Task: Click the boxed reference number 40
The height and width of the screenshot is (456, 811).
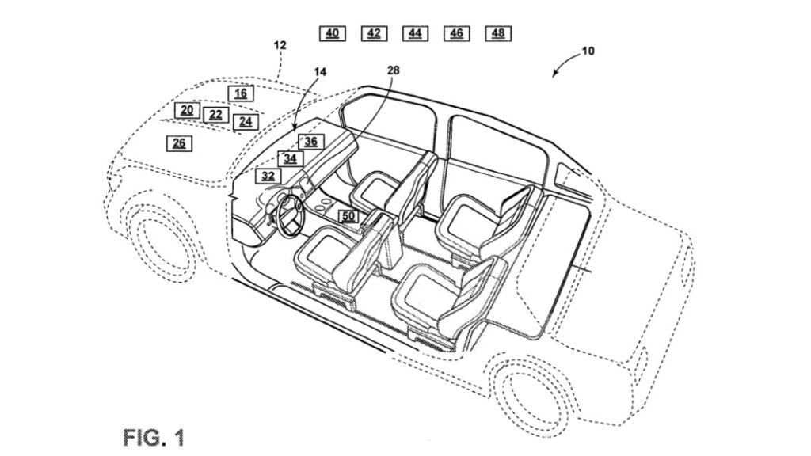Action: point(332,33)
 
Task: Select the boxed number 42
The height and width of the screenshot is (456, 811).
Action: point(374,33)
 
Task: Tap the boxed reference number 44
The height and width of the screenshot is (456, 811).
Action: point(415,33)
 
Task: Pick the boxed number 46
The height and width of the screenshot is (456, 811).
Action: point(457,33)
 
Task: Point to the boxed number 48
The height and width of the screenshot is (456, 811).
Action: point(498,33)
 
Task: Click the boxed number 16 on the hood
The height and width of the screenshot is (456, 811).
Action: point(241,93)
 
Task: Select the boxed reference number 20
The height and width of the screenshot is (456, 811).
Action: point(187,110)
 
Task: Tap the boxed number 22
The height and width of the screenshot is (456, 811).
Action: point(215,115)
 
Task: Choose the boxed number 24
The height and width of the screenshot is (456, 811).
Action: point(246,122)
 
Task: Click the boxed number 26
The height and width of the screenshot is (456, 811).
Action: point(179,143)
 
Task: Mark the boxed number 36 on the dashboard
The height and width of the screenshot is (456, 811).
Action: point(310,142)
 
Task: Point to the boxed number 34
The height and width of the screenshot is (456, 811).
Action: point(290,158)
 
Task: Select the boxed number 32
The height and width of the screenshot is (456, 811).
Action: point(268,176)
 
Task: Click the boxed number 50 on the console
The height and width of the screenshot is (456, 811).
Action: point(348,216)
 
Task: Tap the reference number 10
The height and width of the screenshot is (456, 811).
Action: point(588,51)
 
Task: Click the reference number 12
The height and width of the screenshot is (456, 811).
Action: point(280,45)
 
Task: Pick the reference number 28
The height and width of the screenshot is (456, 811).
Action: point(394,70)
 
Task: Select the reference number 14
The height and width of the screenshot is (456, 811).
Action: point(320,72)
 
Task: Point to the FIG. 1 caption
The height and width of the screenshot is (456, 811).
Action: point(154,438)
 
